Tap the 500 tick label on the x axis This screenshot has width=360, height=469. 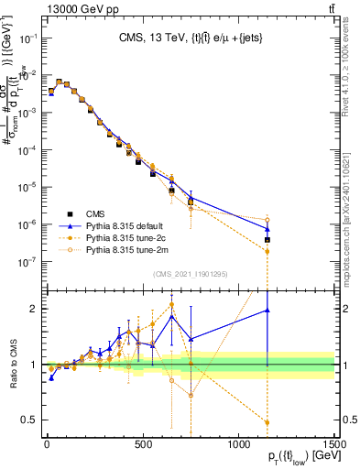[x=142, y=443]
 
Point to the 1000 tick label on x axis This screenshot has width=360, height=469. [x=238, y=443]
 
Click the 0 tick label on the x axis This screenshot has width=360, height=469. [x=46, y=443]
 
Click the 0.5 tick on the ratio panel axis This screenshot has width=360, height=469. [x=32, y=420]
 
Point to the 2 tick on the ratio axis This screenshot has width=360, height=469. [x=37, y=309]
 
